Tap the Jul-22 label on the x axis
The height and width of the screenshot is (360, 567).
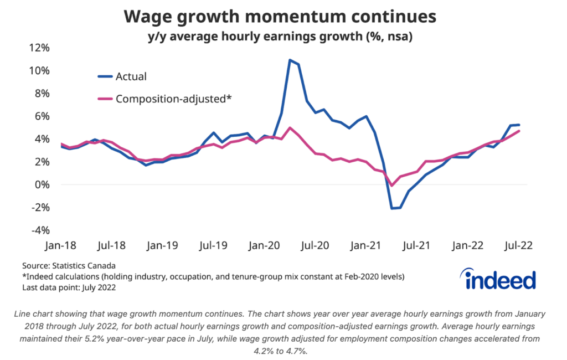pos(518,245)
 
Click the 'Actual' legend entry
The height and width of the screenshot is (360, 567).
pos(131,76)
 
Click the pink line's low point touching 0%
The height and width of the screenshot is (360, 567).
pos(392,186)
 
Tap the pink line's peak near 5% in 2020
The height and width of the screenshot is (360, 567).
pos(290,128)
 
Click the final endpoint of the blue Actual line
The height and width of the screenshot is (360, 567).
pos(518,125)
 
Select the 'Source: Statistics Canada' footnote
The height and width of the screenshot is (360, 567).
pos(69,266)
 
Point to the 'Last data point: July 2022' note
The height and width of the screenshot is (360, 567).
pos(72,287)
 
